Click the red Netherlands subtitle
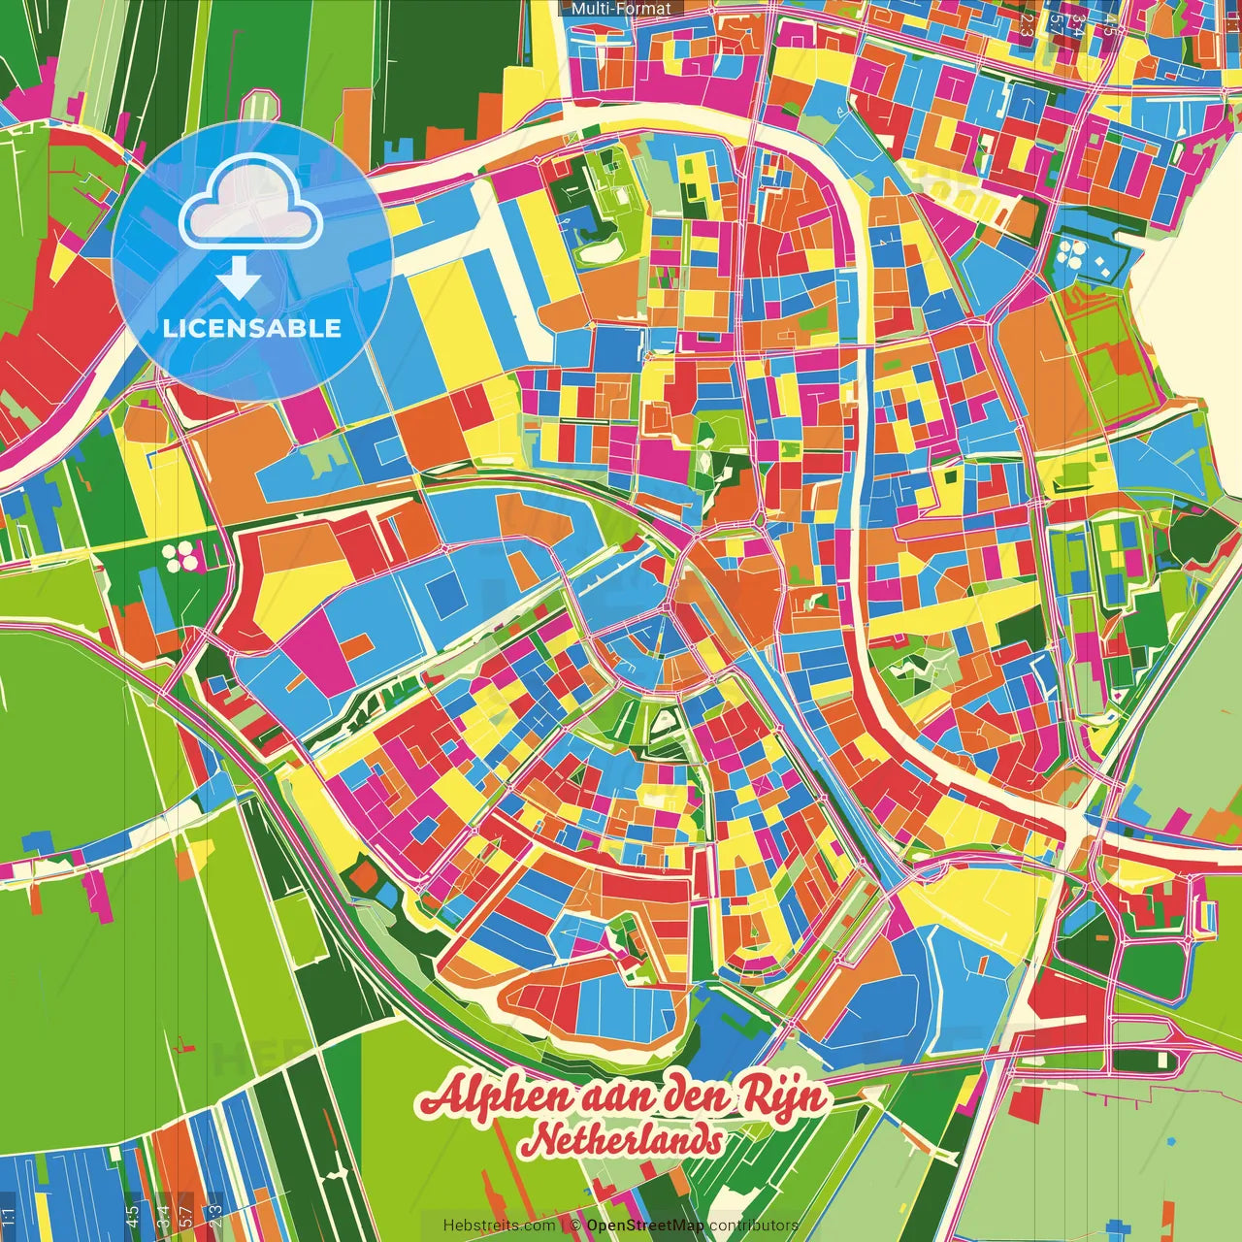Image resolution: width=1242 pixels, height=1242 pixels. click(x=621, y=1140)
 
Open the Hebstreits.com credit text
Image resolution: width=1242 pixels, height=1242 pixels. click(x=499, y=1226)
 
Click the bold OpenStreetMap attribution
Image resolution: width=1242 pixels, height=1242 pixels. click(x=645, y=1226)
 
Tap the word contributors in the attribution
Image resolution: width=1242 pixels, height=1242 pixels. click(x=753, y=1226)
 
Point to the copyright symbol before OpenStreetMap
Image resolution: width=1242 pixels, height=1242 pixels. click(x=574, y=1226)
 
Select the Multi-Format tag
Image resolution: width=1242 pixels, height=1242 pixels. click(x=621, y=9)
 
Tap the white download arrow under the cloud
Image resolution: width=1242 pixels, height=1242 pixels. click(x=239, y=278)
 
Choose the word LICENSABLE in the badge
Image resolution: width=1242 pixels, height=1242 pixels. click(x=252, y=328)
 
